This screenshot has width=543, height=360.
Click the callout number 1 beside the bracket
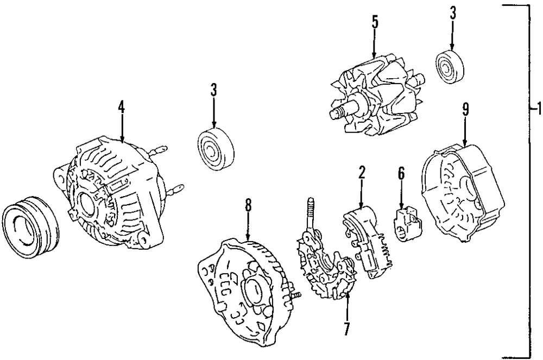click(x=538, y=110)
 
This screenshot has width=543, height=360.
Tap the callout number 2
click(x=362, y=173)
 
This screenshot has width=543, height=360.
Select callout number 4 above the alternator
click(x=122, y=106)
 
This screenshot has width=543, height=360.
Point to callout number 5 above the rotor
click(x=374, y=23)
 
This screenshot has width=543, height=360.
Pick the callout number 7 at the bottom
click(x=346, y=328)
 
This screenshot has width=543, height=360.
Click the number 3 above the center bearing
click(x=214, y=90)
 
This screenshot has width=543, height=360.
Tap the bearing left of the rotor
click(x=215, y=148)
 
